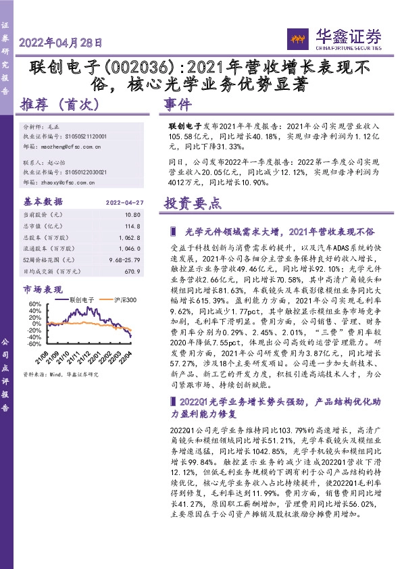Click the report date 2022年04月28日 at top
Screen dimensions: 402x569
pos(61,43)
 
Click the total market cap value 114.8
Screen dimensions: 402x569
pos(139,226)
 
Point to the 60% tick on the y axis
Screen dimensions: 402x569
pos(34,304)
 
